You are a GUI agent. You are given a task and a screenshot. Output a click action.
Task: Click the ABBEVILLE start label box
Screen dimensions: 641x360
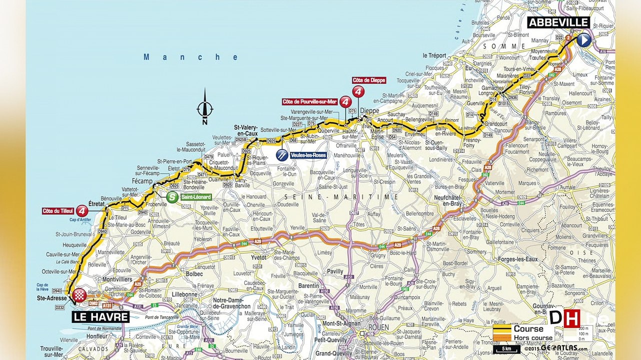click(x=558, y=22)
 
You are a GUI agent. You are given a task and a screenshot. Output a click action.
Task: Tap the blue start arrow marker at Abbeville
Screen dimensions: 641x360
click(x=583, y=40)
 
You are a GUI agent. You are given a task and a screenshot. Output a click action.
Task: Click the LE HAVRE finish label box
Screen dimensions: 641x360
click(x=101, y=317)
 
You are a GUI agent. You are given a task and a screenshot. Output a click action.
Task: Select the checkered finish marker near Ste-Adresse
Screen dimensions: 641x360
click(x=79, y=296)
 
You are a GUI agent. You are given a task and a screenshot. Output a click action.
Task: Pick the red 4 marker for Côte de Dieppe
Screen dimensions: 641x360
click(x=358, y=91)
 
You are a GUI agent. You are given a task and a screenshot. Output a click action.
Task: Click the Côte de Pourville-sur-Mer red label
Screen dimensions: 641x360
click(x=309, y=101)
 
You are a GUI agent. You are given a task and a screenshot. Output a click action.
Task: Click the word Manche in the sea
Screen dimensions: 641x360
click(x=191, y=57)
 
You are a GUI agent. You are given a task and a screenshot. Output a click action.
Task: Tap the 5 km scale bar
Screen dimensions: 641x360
click(x=506, y=348)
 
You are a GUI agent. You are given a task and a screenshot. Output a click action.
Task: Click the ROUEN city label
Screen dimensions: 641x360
click(x=378, y=327)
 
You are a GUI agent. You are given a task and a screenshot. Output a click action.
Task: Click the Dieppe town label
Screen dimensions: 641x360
click(x=369, y=111)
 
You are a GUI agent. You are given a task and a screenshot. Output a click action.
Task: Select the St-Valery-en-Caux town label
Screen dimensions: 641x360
click(x=246, y=130)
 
